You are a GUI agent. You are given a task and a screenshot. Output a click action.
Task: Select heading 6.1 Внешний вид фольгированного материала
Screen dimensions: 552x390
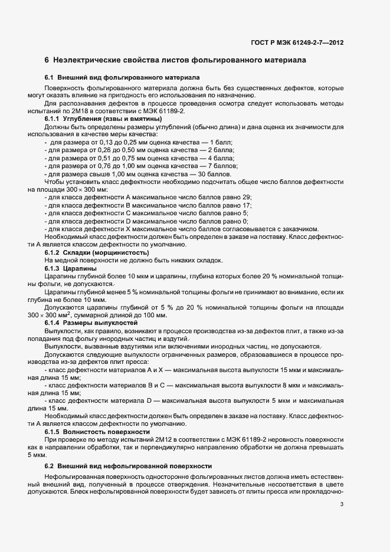click(x=122, y=78)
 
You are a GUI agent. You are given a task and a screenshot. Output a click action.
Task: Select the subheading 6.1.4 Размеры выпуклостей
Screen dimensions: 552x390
click(x=91, y=323)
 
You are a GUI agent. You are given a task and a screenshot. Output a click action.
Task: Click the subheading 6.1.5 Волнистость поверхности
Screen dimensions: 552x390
click(x=93, y=431)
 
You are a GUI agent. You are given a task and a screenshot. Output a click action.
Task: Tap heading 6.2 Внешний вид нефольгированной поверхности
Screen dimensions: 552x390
click(x=128, y=466)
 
